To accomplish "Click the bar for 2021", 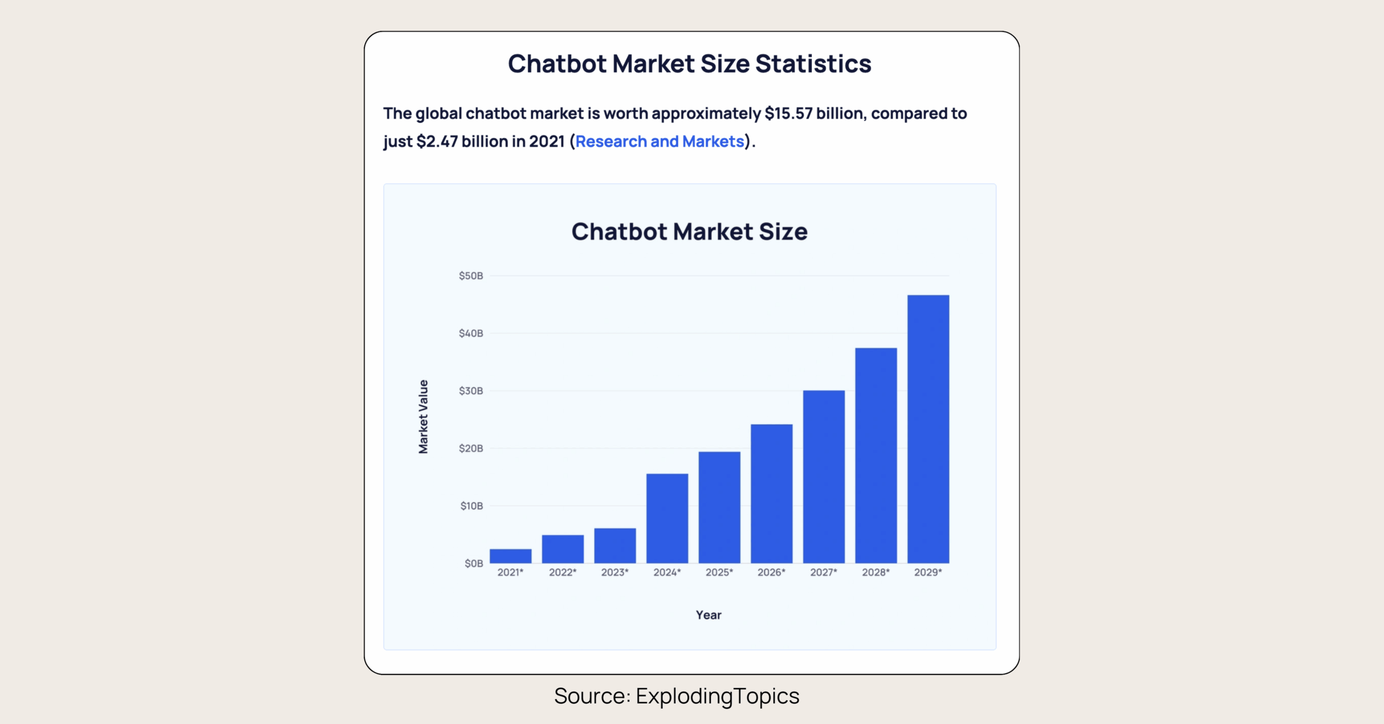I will pyautogui.click(x=510, y=556).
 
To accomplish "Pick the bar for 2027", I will pyautogui.click(x=823, y=476).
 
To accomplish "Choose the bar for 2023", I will pyautogui.click(x=615, y=546).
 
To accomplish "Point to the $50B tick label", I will pyautogui.click(x=471, y=276).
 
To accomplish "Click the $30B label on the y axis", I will pyautogui.click(x=471, y=391).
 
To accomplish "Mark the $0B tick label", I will pyautogui.click(x=474, y=563).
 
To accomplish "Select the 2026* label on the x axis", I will pyautogui.click(x=771, y=572).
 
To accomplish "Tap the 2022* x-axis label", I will pyautogui.click(x=563, y=572).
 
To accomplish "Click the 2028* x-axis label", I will pyautogui.click(x=875, y=572).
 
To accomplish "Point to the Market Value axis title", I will pyautogui.click(x=423, y=416).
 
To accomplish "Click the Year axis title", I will pyautogui.click(x=708, y=615).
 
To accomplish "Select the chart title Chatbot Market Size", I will pyautogui.click(x=689, y=231).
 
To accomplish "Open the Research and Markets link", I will pyautogui.click(x=660, y=142).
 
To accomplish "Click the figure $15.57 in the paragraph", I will pyautogui.click(x=788, y=114).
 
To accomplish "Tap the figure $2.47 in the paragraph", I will pyautogui.click(x=437, y=142).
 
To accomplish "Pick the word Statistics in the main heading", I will pyautogui.click(x=813, y=64).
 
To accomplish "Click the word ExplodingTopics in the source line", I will pyautogui.click(x=717, y=696).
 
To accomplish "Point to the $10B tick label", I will pyautogui.click(x=471, y=506).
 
